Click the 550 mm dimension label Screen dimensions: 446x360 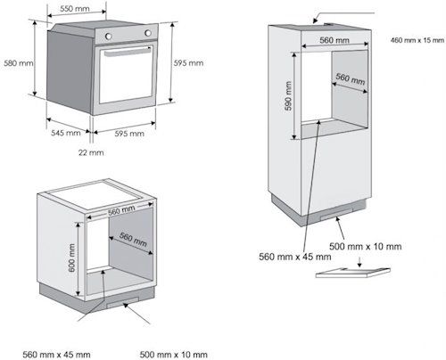tap(75, 9)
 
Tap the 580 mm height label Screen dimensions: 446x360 tap(19, 63)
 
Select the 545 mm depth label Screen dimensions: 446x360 tap(66, 133)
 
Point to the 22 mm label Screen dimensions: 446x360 tap(91, 152)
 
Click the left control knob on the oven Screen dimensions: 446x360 tap(109, 37)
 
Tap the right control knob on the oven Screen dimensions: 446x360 tap(148, 33)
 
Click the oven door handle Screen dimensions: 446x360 tap(128, 52)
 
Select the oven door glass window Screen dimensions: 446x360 tap(127, 76)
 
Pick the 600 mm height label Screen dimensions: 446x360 tap(72, 258)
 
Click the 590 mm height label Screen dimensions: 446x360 tap(288, 96)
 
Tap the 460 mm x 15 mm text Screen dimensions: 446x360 tap(417, 40)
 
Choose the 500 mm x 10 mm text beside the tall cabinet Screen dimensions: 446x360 tap(366, 246)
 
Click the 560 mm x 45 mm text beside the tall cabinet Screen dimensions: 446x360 tap(295, 257)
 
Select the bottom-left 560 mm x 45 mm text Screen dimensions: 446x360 tap(56, 355)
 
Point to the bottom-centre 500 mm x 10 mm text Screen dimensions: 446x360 tap(174, 355)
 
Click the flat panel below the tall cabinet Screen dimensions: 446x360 tap(353, 273)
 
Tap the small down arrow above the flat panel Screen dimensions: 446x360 tap(359, 262)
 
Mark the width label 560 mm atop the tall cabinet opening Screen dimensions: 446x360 tap(334, 40)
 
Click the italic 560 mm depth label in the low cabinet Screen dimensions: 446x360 tap(133, 240)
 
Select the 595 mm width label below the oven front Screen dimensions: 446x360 tap(129, 134)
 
